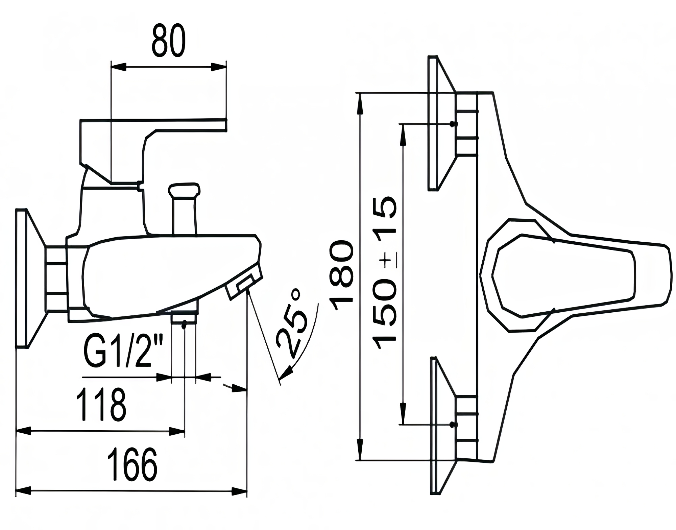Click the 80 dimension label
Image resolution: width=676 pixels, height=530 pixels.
tap(168, 41)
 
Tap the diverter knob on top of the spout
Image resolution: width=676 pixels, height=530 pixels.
tap(184, 208)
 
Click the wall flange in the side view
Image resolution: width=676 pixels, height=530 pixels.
tap(30, 278)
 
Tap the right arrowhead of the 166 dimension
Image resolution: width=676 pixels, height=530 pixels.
tap(239, 491)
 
